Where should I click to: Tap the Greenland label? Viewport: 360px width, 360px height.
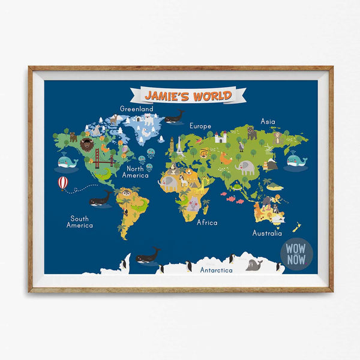click(x=136, y=109)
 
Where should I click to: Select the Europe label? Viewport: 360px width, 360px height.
click(x=200, y=126)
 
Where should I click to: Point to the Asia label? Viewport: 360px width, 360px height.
click(x=268, y=121)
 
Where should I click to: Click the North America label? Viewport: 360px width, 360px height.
click(x=136, y=172)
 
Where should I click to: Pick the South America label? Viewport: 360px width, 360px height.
click(x=80, y=222)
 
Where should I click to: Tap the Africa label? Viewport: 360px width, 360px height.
click(x=207, y=222)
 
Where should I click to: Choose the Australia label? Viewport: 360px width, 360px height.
click(x=267, y=233)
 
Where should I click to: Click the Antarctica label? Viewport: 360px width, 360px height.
click(x=216, y=270)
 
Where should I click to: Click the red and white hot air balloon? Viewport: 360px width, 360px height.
click(x=63, y=182)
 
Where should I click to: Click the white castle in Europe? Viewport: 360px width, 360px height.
click(x=220, y=137)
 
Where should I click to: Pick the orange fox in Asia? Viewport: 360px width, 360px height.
click(x=226, y=158)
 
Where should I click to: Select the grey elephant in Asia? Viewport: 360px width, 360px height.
click(x=245, y=167)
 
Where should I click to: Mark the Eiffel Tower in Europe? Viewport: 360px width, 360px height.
click(x=171, y=145)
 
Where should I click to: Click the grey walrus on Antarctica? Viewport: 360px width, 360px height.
click(x=254, y=265)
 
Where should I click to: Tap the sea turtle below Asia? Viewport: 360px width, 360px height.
click(x=238, y=187)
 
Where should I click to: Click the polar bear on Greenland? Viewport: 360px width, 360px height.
click(x=148, y=120)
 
